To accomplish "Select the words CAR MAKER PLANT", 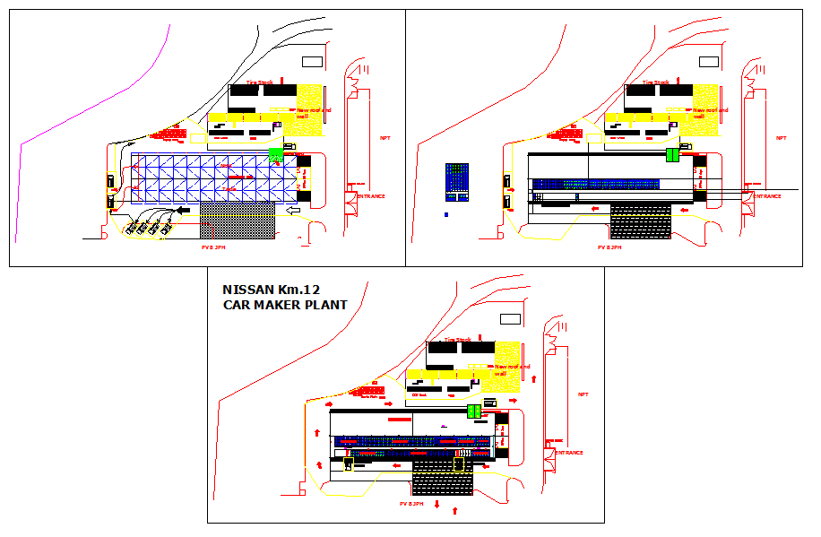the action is tap(284, 305).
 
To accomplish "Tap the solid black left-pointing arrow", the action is tap(184, 210).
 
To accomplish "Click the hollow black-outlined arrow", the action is tap(292, 210).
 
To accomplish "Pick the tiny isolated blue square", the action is tap(447, 215).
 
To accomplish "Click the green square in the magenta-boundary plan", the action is tap(275, 154).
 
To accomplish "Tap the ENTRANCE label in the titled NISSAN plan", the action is tap(569, 453).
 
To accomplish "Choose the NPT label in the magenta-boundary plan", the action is tap(385, 138).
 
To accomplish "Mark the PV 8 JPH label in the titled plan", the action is tap(410, 505).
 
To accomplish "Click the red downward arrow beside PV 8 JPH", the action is tap(436, 505).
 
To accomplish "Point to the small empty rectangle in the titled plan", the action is tap(510, 318).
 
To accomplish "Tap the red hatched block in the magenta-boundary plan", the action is tap(170, 134).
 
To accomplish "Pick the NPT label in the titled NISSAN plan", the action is tap(583, 394).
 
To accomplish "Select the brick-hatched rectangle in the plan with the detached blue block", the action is tap(640, 221).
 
